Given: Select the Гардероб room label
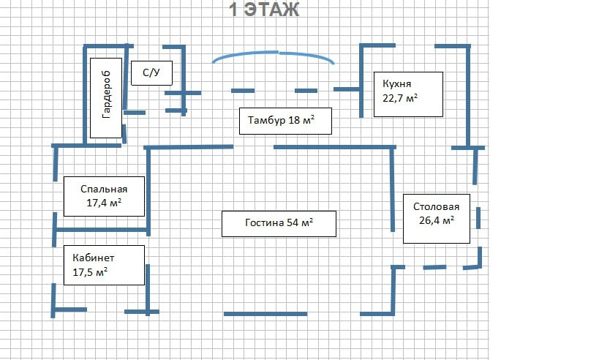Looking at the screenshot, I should point(106,95).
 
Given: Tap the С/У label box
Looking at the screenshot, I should point(151,73).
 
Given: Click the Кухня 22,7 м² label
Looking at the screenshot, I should point(407,94).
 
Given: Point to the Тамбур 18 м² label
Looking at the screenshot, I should point(285,121).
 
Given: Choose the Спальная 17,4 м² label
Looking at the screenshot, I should point(104,195).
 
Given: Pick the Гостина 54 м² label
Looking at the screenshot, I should point(278,223).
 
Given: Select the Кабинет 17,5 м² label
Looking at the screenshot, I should point(102,265).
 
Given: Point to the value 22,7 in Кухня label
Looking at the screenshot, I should point(393,99).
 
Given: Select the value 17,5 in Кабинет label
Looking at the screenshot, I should point(83,272).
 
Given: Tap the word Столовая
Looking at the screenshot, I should point(436,206).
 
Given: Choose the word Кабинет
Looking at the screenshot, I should point(94,258).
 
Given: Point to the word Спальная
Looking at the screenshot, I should point(104,188).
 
